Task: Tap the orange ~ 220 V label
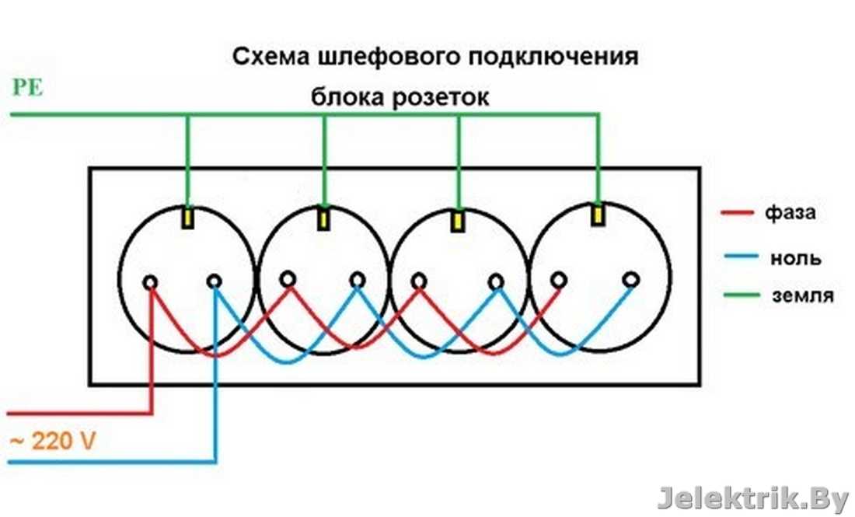click(x=52, y=442)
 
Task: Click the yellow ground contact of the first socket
click(x=188, y=217)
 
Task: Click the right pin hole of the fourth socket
click(x=631, y=278)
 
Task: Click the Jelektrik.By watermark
click(x=752, y=498)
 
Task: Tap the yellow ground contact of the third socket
click(x=459, y=220)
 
